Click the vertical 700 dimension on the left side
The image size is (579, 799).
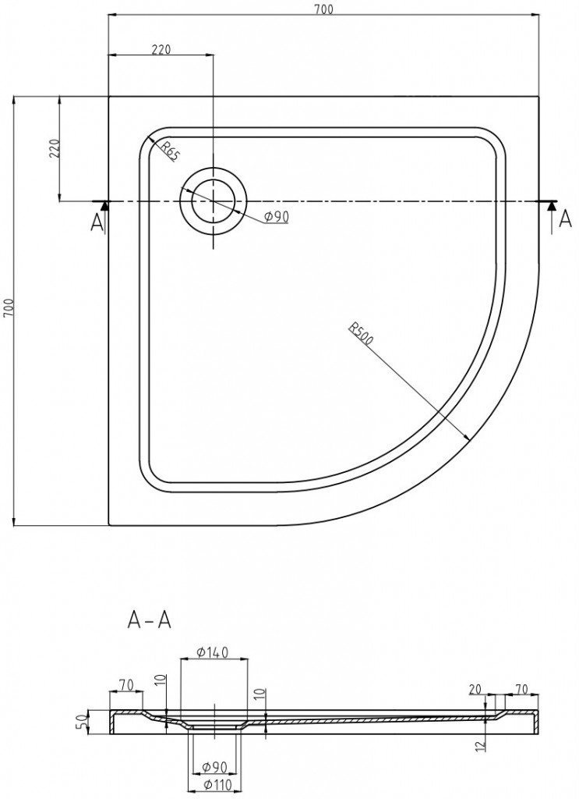point(8,311)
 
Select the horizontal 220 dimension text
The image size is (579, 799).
point(161,49)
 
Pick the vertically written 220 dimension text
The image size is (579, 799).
point(54,148)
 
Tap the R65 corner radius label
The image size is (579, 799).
point(169,150)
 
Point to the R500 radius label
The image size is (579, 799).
point(362,333)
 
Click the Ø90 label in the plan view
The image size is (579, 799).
point(276,217)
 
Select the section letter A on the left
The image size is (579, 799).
point(97,223)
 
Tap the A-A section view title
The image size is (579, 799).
point(149,620)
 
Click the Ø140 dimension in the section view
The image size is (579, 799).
point(213,652)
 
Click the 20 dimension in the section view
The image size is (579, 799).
point(475,689)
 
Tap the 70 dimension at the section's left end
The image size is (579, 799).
point(125,684)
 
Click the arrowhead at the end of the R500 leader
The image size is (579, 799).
point(465,437)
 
